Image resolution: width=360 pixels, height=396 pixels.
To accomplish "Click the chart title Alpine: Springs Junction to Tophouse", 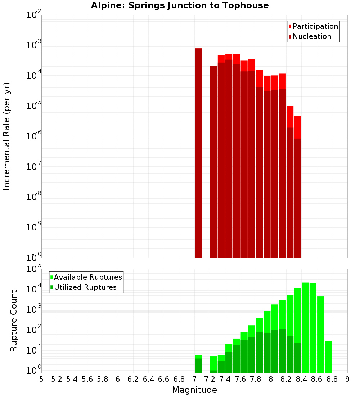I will [x=180, y=5].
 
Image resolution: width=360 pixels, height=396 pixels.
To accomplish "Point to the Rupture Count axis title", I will [x=14, y=321].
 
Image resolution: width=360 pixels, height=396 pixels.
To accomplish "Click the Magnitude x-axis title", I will [x=194, y=390].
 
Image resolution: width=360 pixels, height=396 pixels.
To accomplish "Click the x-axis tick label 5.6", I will [x=87, y=379].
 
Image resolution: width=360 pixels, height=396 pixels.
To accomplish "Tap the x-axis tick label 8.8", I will [x=332, y=379].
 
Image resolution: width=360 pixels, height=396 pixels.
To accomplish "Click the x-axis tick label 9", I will [x=347, y=379].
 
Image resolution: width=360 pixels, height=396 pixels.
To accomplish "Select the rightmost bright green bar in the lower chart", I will [x=328, y=356].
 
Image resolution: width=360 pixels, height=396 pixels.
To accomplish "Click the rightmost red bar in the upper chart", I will [x=297, y=187].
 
